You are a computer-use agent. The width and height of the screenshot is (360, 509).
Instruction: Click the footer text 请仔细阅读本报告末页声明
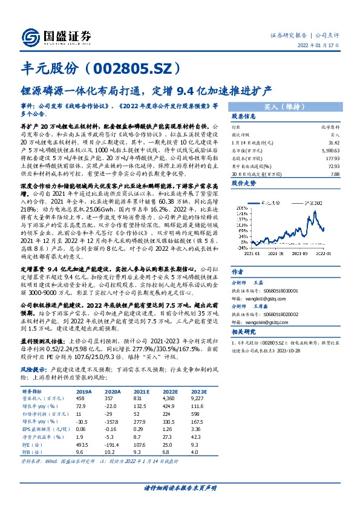pos(179,487)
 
